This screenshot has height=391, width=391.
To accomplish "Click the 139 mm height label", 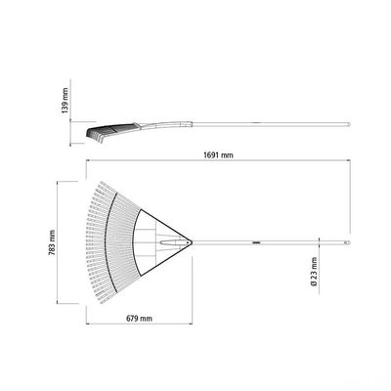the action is point(65,101).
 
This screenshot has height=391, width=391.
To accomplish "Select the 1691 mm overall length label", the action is point(218,155).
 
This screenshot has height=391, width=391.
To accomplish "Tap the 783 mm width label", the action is point(52,242).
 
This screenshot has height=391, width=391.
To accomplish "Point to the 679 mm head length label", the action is point(139,319).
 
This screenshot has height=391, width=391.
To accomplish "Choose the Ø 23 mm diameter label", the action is point(314,272).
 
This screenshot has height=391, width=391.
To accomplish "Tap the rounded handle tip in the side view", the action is point(349,124).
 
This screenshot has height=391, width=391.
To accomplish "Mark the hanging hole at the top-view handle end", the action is point(347,242).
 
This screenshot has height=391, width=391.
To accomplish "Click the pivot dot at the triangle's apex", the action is point(189,242).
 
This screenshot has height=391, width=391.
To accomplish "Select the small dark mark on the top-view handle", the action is point(256,242).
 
